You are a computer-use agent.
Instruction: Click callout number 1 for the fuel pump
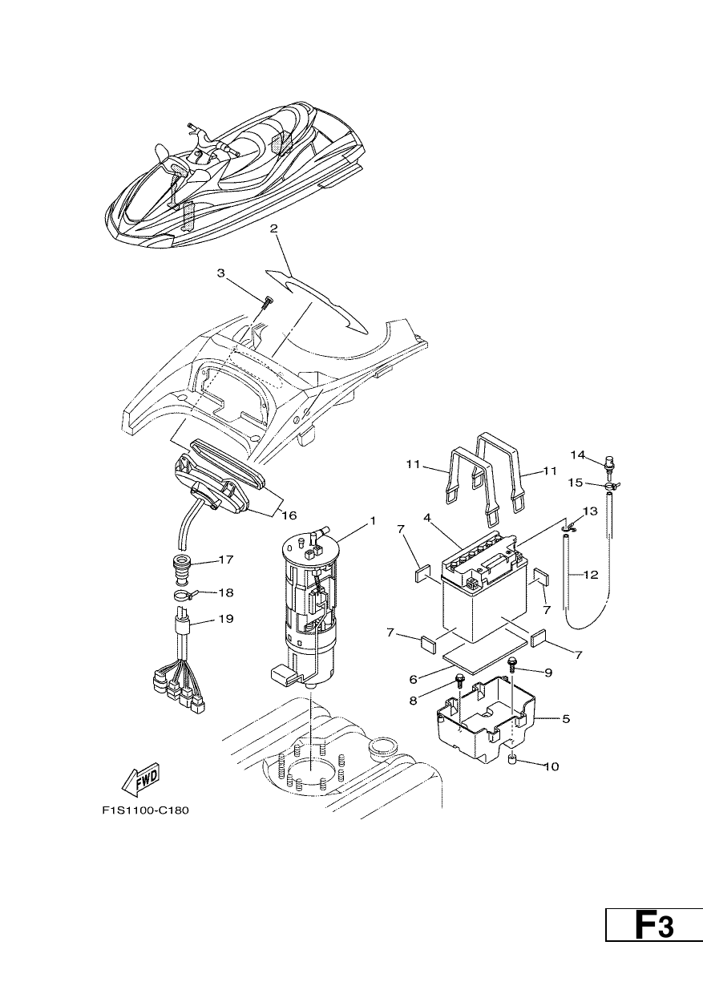(373, 520)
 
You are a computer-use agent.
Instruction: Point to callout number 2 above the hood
(274, 229)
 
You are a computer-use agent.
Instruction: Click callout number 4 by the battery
(427, 517)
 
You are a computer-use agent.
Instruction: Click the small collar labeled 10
(514, 762)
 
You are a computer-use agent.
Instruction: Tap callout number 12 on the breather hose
(591, 575)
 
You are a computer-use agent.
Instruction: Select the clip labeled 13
(568, 528)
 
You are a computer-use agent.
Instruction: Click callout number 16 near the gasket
(289, 515)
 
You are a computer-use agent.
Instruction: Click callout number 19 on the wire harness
(226, 618)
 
